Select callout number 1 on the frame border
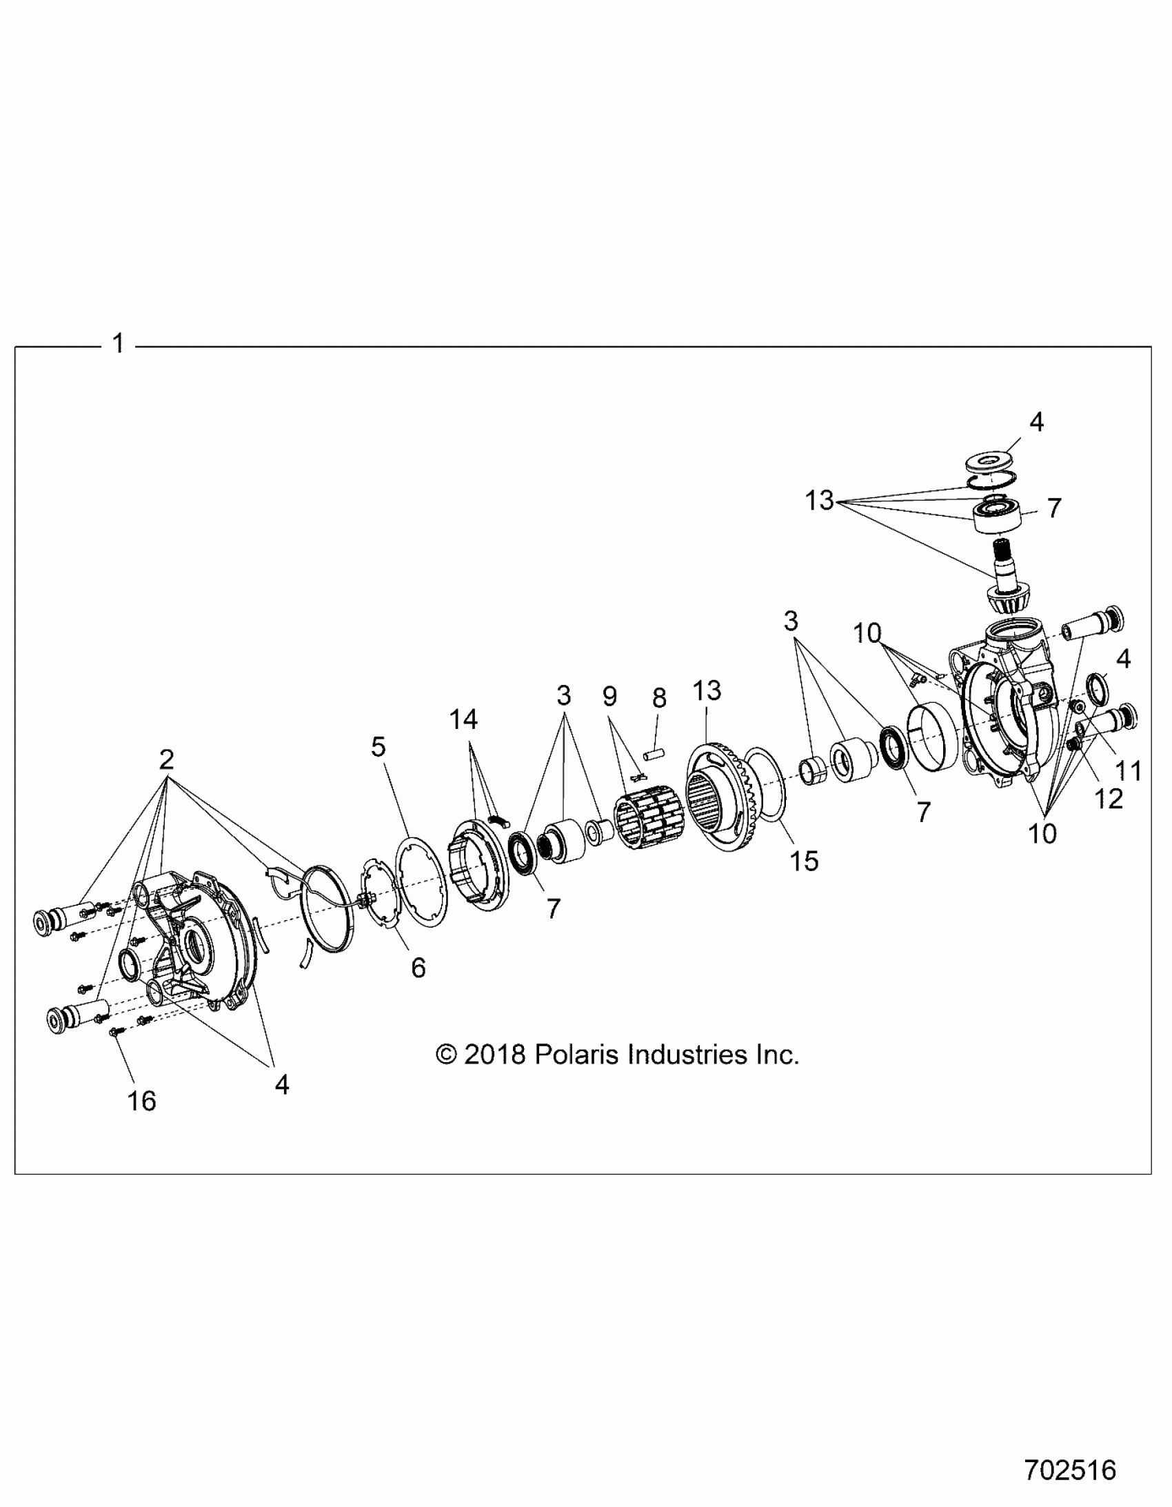click(118, 343)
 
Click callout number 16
click(141, 1101)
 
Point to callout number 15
click(804, 861)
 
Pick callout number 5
click(378, 746)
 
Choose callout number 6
click(418, 968)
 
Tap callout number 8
click(660, 698)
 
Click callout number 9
click(609, 696)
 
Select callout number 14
click(463, 719)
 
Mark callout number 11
click(1129, 770)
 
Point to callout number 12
click(1109, 799)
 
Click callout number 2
click(166, 760)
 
